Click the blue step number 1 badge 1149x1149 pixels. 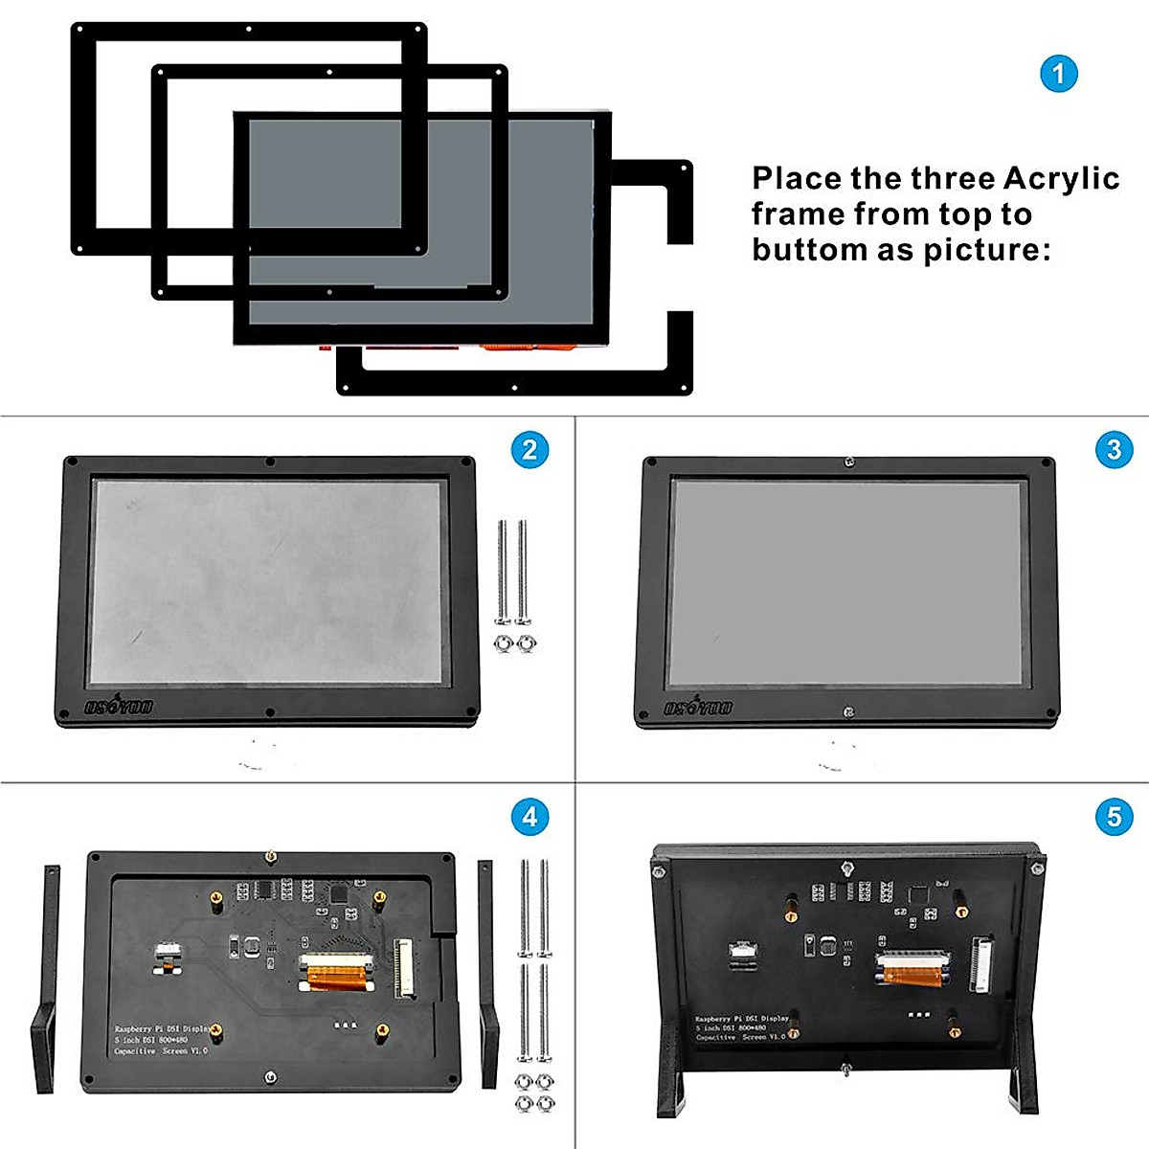[1058, 74]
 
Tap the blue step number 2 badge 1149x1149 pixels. [529, 449]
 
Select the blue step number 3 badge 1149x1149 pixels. [1113, 449]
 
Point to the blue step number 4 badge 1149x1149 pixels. [529, 817]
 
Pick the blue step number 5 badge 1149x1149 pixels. [1113, 817]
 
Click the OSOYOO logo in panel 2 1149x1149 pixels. [119, 707]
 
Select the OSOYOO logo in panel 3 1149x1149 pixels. [698, 707]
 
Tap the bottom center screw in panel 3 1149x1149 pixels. [847, 711]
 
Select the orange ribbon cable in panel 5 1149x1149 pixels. [913, 975]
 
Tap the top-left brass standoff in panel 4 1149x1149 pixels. [217, 899]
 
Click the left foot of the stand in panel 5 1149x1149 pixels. [672, 1087]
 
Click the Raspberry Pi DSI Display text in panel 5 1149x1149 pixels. [742, 1020]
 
